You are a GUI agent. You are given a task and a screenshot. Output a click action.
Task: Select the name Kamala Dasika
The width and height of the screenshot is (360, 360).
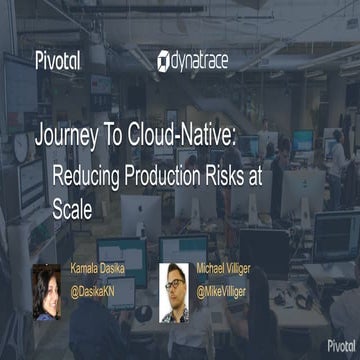(103, 269)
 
